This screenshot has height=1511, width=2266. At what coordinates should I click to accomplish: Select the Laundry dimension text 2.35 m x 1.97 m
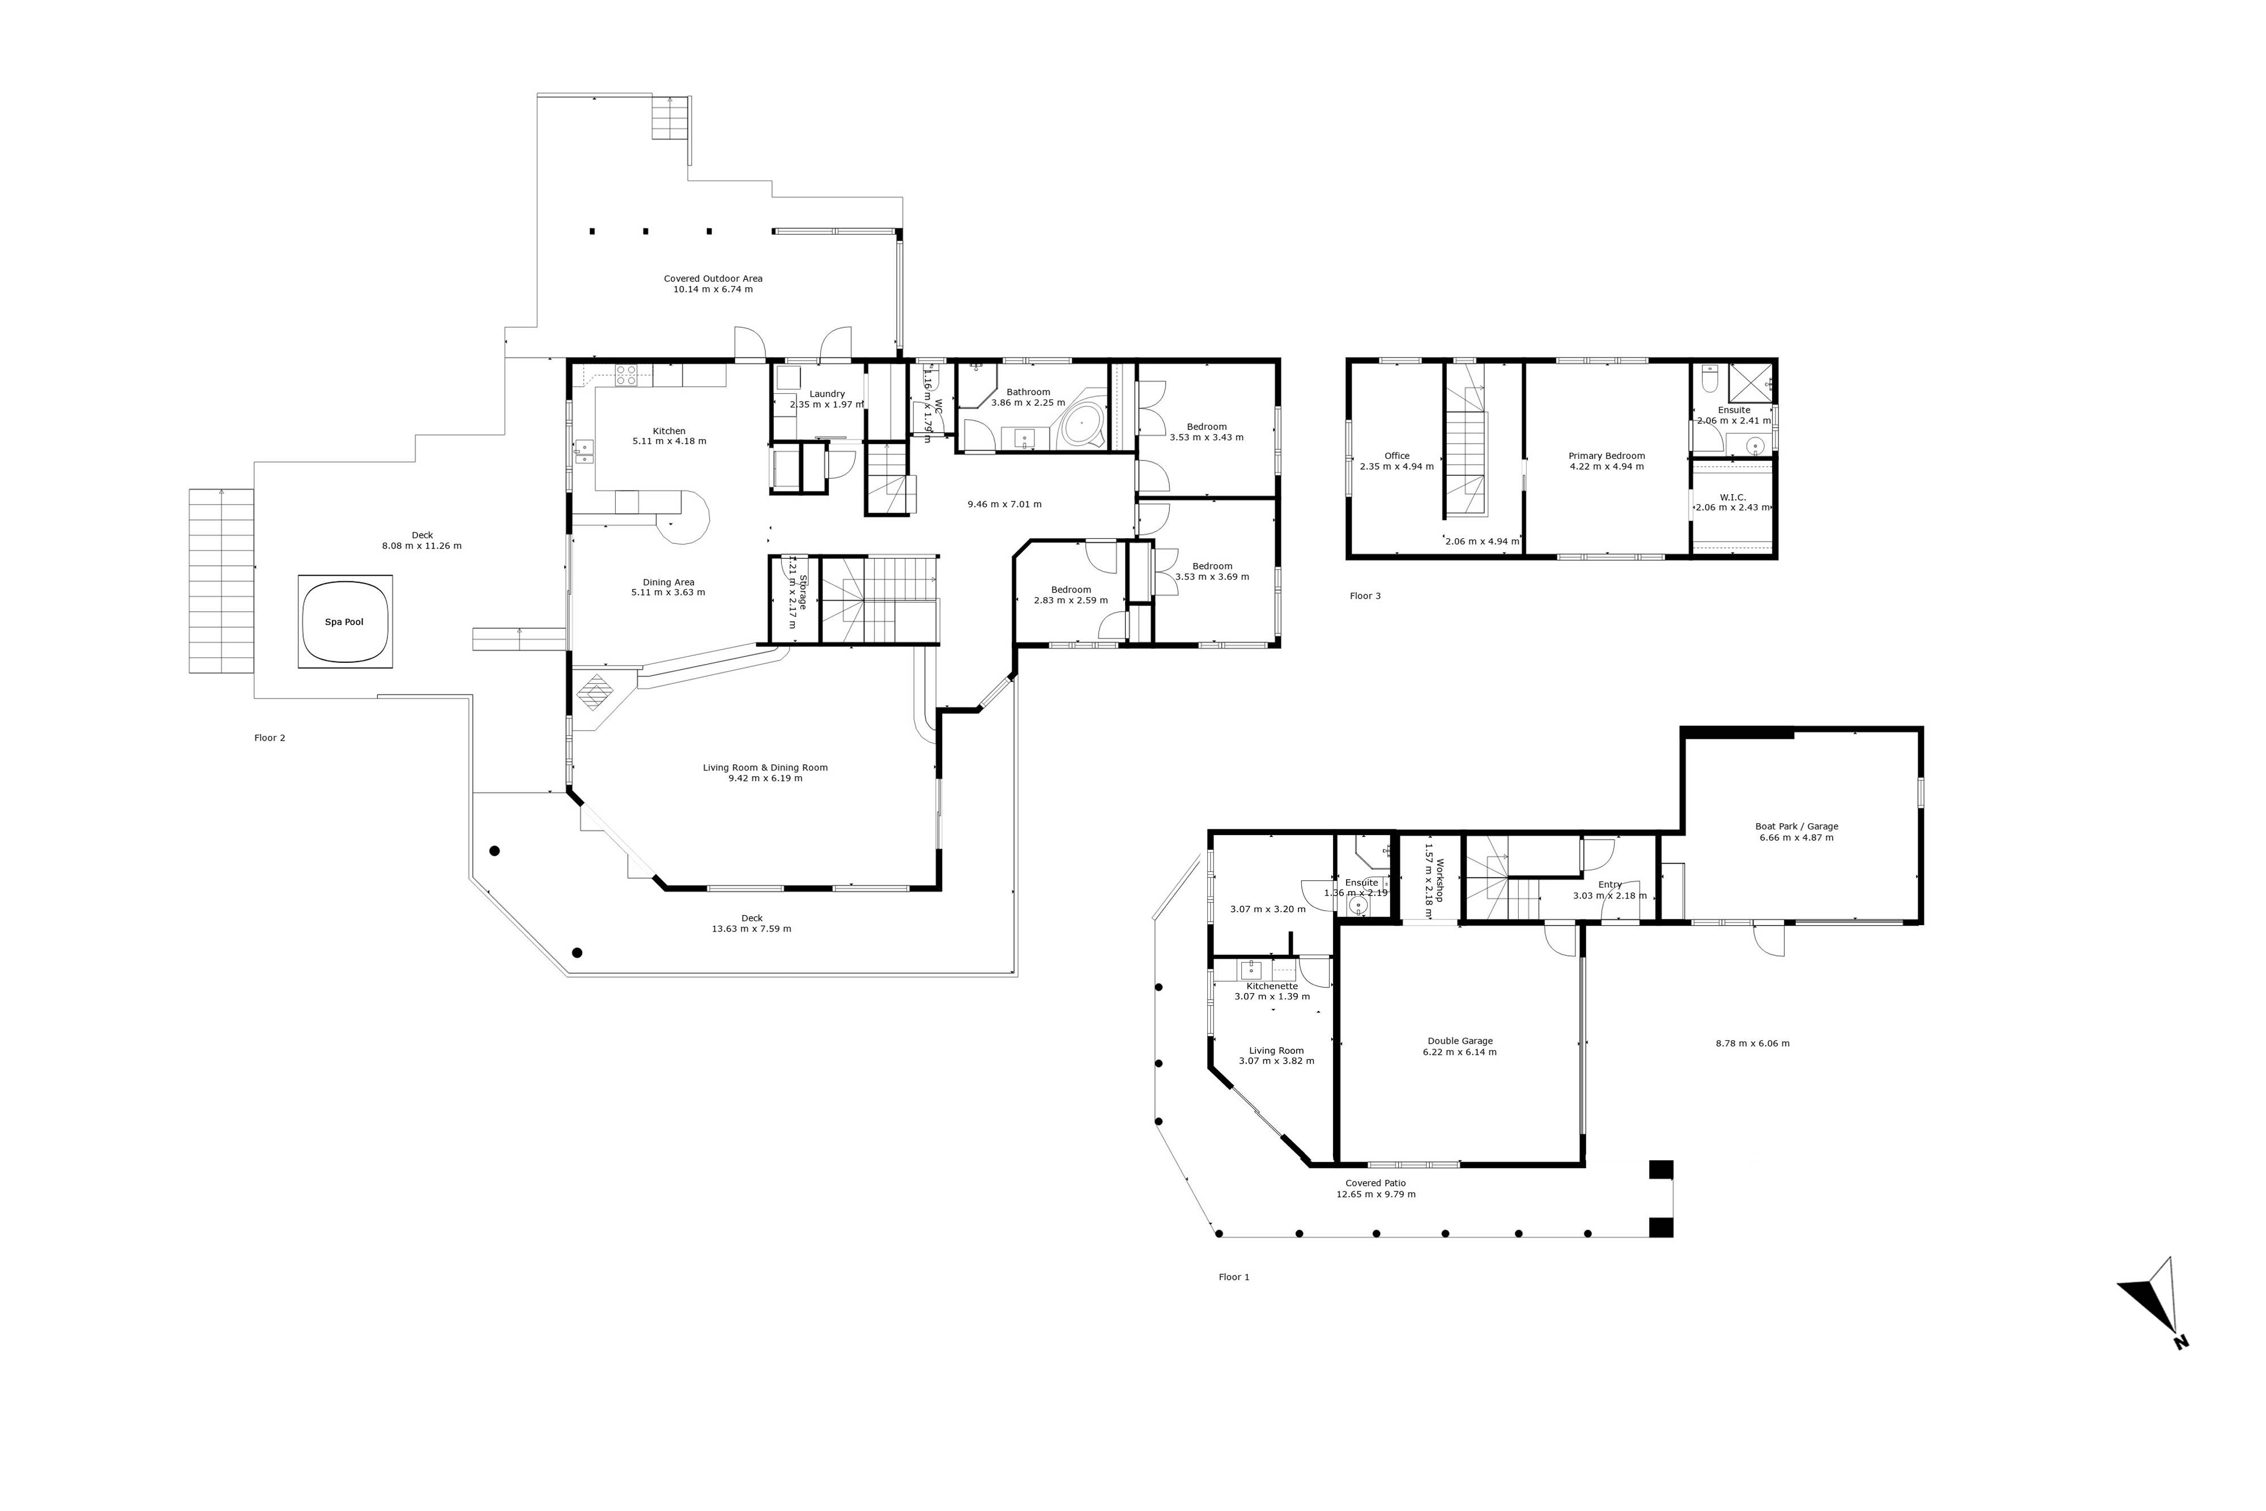pos(827,405)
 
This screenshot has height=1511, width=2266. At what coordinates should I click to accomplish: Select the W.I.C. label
pos(1732,497)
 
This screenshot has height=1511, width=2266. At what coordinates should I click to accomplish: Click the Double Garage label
pos(1460,1041)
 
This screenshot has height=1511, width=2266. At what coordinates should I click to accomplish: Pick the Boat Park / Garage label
pos(1796,826)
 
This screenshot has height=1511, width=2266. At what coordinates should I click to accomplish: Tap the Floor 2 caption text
pos(270,738)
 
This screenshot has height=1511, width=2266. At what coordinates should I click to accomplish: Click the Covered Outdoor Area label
pos(713,279)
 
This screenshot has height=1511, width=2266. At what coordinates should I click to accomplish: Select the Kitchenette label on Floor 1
pos(1272,986)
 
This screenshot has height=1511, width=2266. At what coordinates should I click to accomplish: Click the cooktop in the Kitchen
pos(625,375)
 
